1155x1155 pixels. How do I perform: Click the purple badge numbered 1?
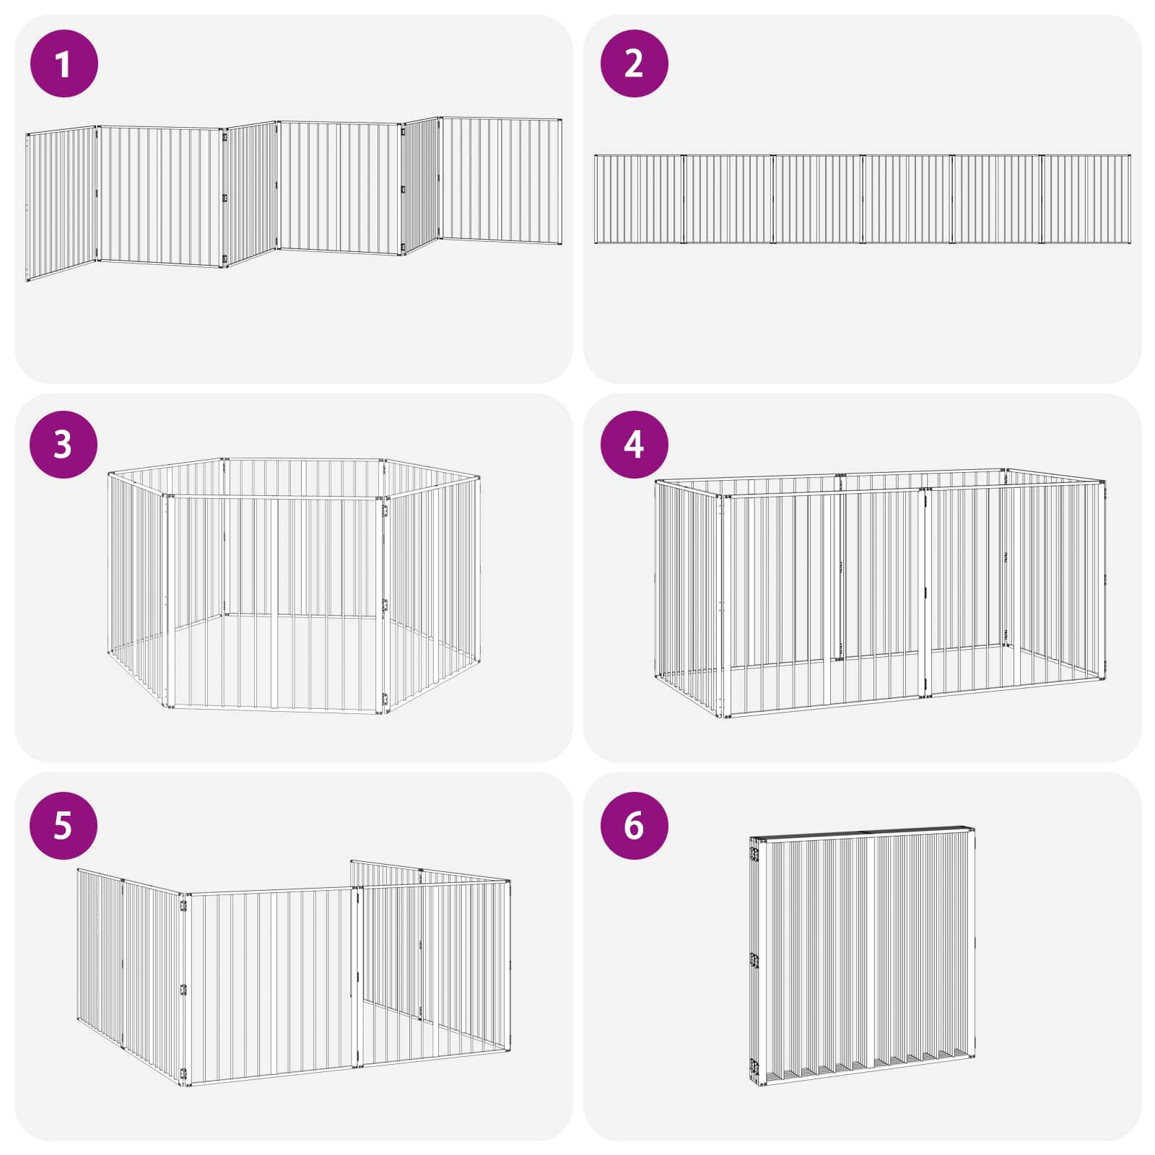[64, 64]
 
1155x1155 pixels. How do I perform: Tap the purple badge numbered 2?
[635, 64]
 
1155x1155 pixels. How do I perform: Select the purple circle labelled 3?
[64, 444]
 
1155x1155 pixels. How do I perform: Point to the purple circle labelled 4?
[635, 444]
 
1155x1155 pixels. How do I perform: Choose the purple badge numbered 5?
[64, 825]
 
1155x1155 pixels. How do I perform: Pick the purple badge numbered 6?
[635, 825]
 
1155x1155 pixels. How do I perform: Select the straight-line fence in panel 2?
[863, 199]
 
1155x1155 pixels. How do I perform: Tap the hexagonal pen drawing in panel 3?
[294, 585]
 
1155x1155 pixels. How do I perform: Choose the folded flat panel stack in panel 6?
[863, 956]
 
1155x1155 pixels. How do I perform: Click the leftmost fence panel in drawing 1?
[61, 204]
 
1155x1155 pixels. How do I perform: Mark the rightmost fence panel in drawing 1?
[501, 180]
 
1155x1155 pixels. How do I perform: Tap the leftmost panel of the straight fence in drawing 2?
[639, 199]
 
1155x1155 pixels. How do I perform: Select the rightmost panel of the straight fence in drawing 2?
[1086, 199]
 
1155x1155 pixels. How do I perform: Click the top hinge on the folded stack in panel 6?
[754, 854]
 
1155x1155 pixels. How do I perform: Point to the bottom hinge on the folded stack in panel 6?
[754, 1066]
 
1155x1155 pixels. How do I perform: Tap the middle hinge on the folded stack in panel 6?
[754, 961]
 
